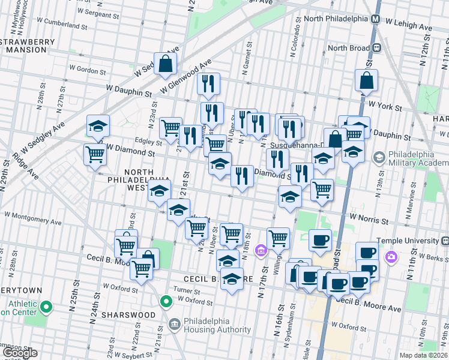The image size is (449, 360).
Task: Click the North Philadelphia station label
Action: [x=336, y=19]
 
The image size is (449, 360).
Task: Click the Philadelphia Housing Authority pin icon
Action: [x=174, y=325]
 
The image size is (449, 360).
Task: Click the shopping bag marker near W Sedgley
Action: [x=165, y=62]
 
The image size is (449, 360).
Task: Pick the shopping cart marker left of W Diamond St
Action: [x=95, y=155]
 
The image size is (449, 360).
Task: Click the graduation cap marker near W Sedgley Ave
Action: [x=98, y=126]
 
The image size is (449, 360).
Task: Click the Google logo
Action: [x=20, y=353]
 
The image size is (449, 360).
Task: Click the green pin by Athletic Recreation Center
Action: [x=46, y=307]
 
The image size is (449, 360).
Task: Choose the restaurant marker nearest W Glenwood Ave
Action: [x=208, y=84]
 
